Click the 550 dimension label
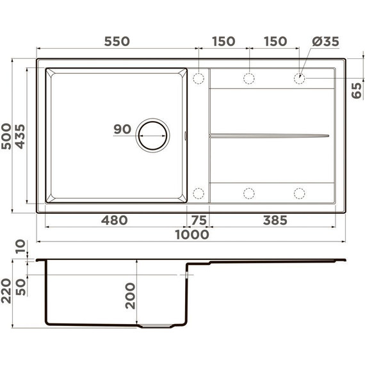coord(117,41)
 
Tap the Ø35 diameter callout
coord(325,41)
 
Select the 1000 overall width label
coord(192,234)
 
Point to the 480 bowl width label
coord(114,220)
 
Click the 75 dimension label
coord(199,220)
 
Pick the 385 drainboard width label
coord(275,220)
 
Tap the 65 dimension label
coord(357,90)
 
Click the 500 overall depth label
coord(6,136)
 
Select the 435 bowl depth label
coord(20,136)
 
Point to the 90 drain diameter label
coord(122,129)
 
